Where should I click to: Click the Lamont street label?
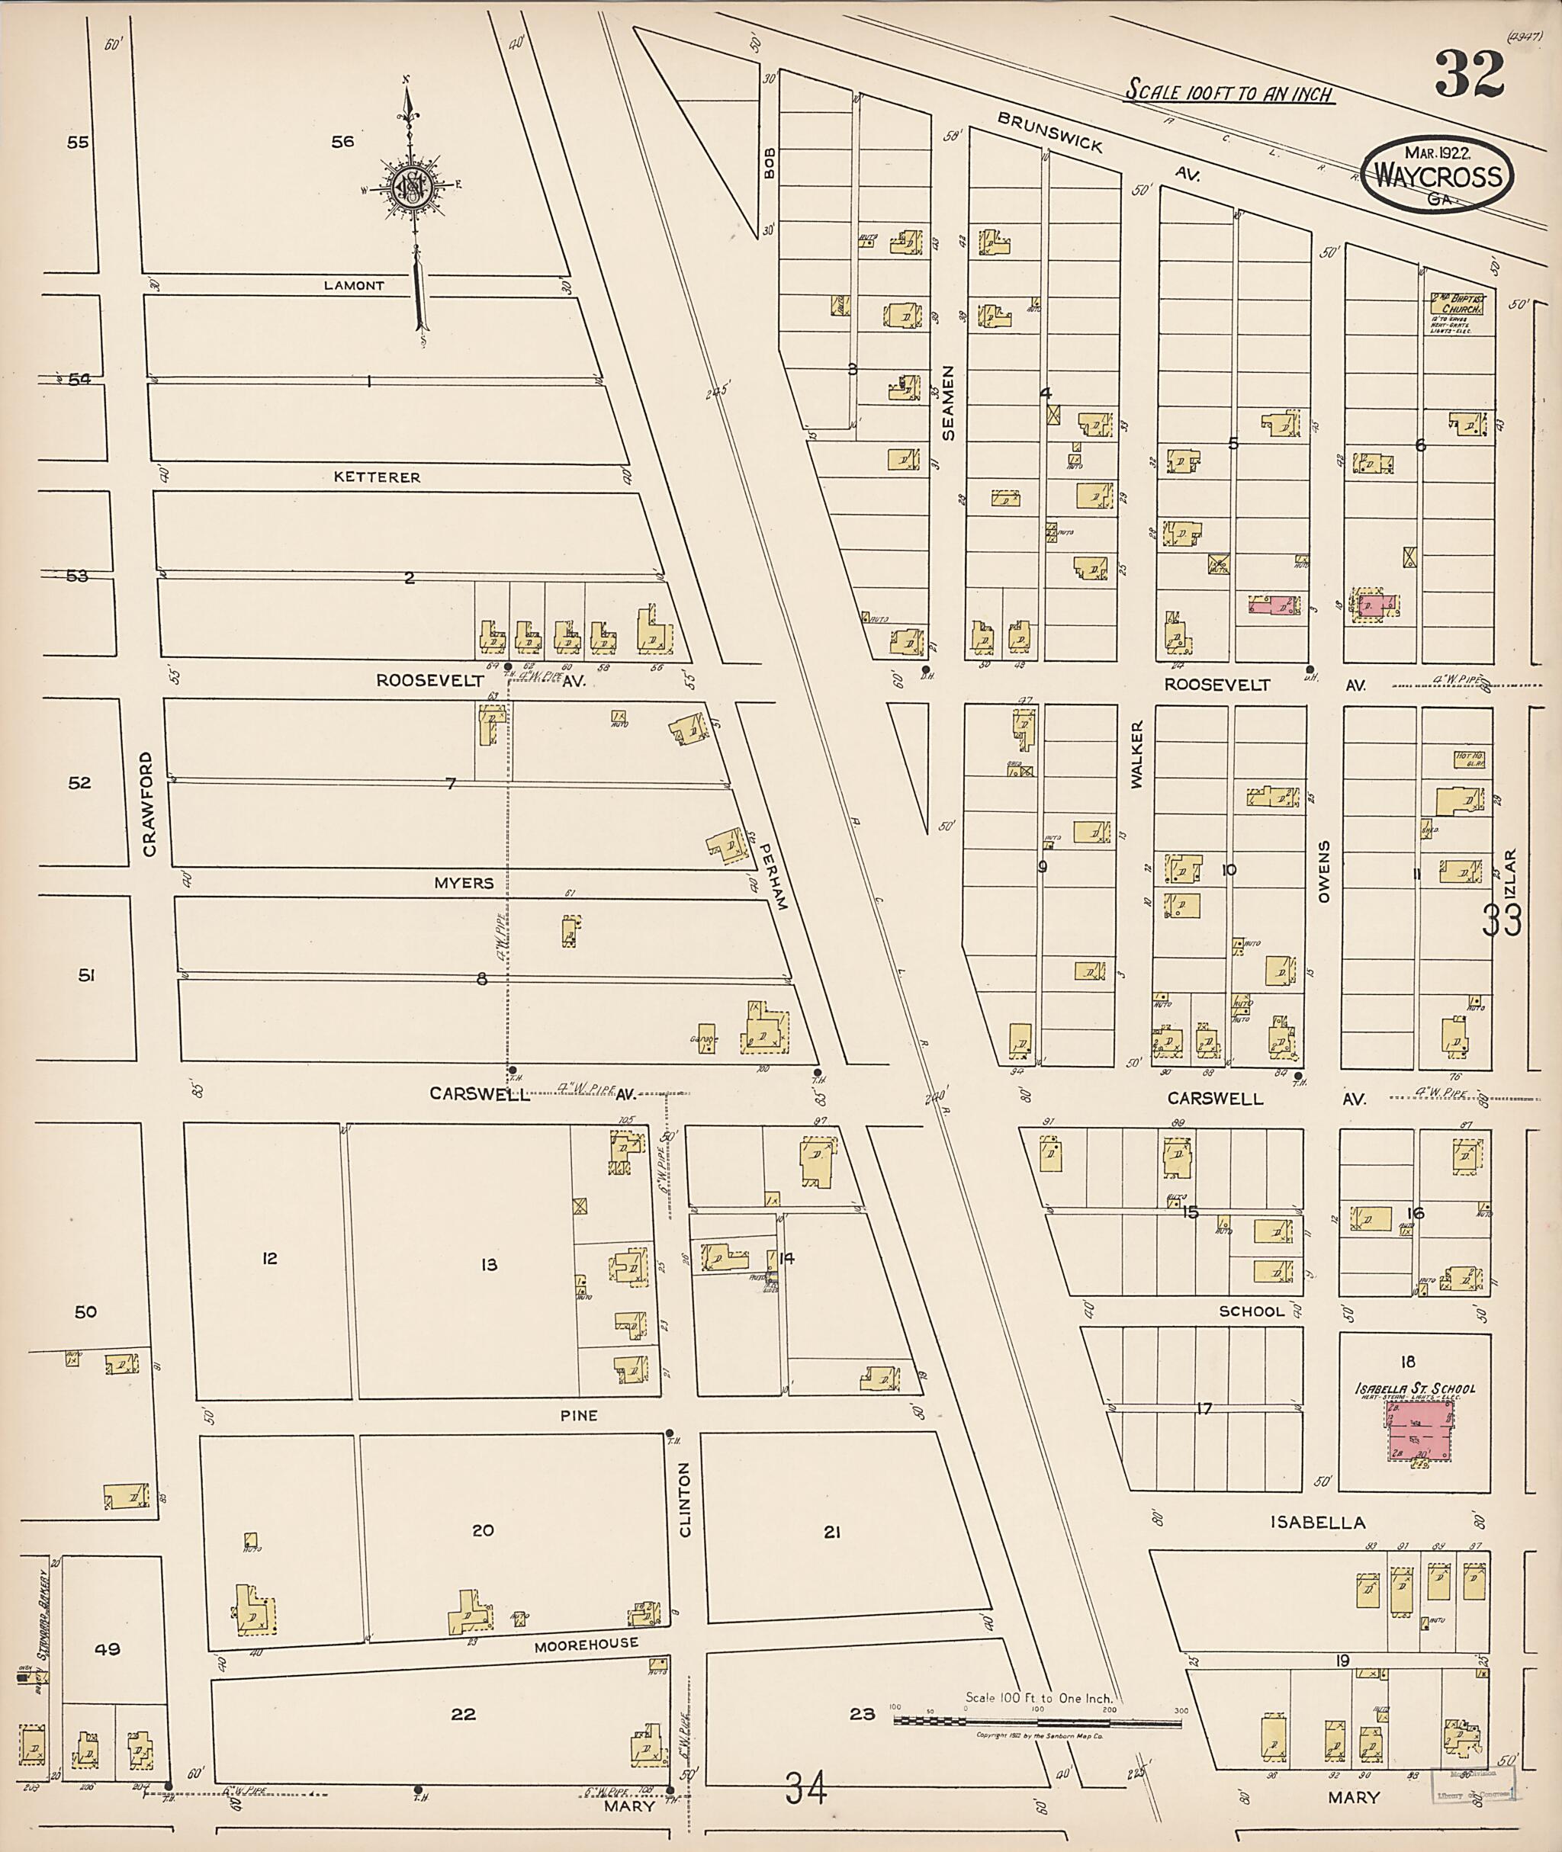click(354, 286)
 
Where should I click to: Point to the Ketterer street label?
click(378, 477)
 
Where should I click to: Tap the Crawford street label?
click(148, 804)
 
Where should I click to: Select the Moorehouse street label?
click(587, 1643)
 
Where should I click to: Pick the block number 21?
click(831, 1532)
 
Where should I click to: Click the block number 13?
click(489, 1265)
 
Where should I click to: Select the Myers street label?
click(463, 883)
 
